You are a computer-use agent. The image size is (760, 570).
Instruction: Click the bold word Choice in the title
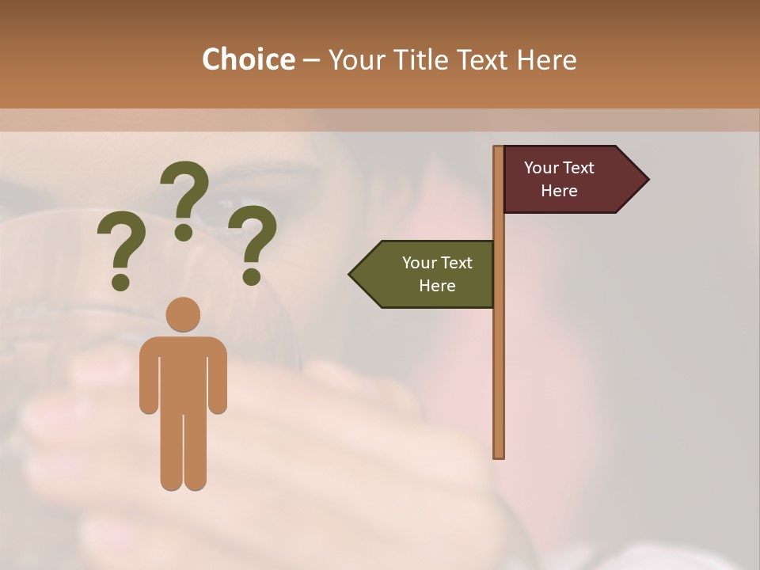pos(248,59)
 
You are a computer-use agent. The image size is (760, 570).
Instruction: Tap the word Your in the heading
pos(356,59)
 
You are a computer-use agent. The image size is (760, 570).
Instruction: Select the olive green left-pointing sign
pos(427,274)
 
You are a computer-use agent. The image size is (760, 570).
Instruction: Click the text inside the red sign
pos(559,179)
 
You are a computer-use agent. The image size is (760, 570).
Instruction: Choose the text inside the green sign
pos(437,274)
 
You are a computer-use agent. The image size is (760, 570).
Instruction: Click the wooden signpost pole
pos(499,356)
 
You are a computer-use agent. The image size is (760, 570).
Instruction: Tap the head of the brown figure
pos(183,314)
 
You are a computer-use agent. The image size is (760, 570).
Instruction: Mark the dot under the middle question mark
pos(184,232)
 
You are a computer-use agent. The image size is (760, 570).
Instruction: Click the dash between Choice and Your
pos(311,61)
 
